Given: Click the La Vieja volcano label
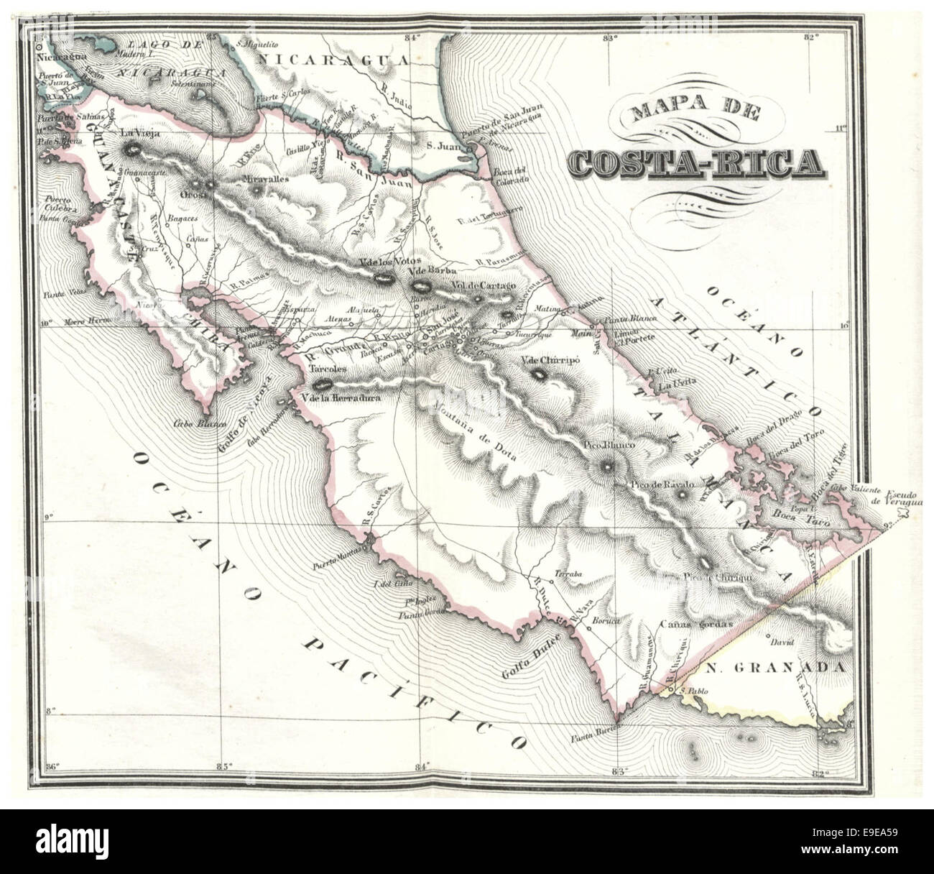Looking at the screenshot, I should click(x=137, y=133).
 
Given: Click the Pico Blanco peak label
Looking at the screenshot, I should click(x=607, y=446).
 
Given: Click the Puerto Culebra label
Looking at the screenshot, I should click(x=57, y=204).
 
